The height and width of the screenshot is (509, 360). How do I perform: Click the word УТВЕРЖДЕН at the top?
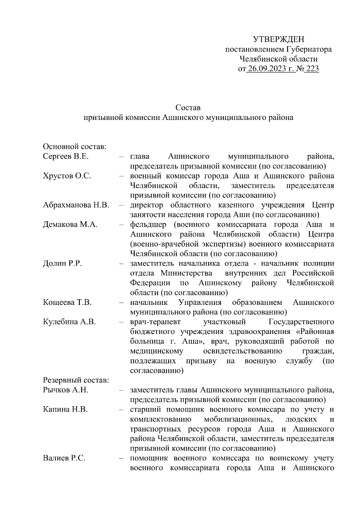pos(278,39)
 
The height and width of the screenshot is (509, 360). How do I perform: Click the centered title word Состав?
pos(188,107)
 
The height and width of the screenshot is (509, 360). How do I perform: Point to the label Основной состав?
pos(75,147)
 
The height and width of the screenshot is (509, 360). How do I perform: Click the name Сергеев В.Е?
pos(66,156)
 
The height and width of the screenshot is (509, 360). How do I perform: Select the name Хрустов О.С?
pos(67,176)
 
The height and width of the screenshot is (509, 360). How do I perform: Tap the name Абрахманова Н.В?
pos(76,205)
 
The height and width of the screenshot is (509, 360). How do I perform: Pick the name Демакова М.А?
pos(70,225)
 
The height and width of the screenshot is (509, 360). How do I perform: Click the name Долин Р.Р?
pos(62,263)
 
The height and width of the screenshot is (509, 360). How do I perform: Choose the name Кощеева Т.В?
pos(67,302)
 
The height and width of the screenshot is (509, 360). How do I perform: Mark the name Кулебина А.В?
pos(69,322)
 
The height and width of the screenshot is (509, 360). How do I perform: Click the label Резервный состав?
pos(76,380)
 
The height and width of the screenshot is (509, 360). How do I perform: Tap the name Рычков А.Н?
pos(66,390)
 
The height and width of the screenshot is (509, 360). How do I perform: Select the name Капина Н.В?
pos(65,409)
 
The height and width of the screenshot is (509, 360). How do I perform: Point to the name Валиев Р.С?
pos(64,458)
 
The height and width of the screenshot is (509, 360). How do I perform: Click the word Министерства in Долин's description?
pos(186,273)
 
